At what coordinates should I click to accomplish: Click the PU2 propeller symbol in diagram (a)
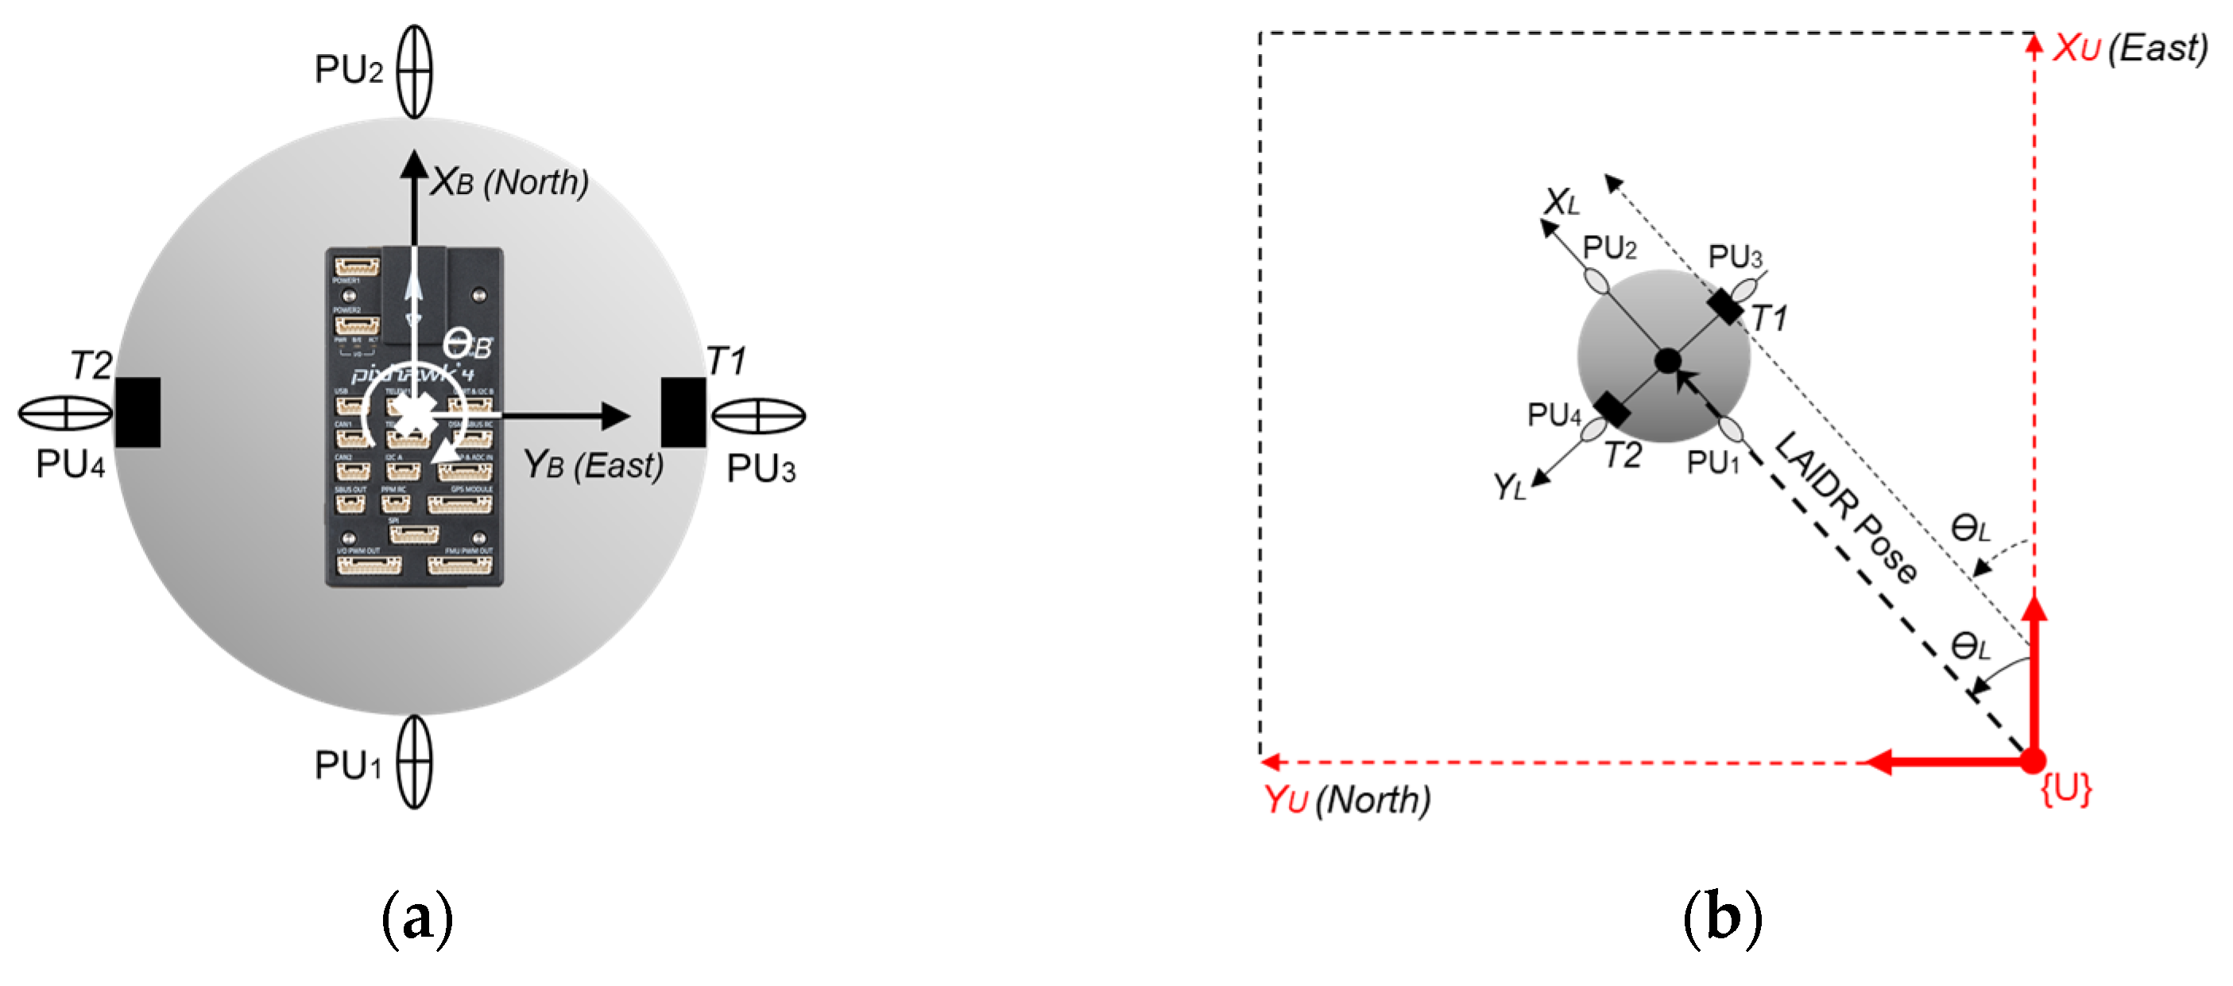point(414,71)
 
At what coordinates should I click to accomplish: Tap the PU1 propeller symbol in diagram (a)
point(414,762)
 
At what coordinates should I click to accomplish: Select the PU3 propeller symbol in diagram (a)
point(758,415)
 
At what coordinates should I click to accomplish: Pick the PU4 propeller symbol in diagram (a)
point(66,413)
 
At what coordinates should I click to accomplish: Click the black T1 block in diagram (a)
point(683,413)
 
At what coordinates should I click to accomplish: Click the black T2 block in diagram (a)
point(137,413)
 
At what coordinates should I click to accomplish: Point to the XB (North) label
point(509,182)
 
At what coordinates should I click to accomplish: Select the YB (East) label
point(593,466)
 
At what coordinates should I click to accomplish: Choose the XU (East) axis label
point(2129,49)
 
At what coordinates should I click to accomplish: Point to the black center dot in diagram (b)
point(1667,361)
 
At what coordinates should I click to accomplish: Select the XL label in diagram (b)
point(1562,203)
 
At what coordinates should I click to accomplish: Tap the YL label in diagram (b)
point(1509,487)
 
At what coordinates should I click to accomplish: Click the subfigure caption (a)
point(417,918)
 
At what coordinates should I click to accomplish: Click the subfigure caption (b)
point(1721,918)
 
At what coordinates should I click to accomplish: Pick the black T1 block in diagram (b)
point(1725,307)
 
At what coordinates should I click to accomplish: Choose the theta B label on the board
point(467,344)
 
